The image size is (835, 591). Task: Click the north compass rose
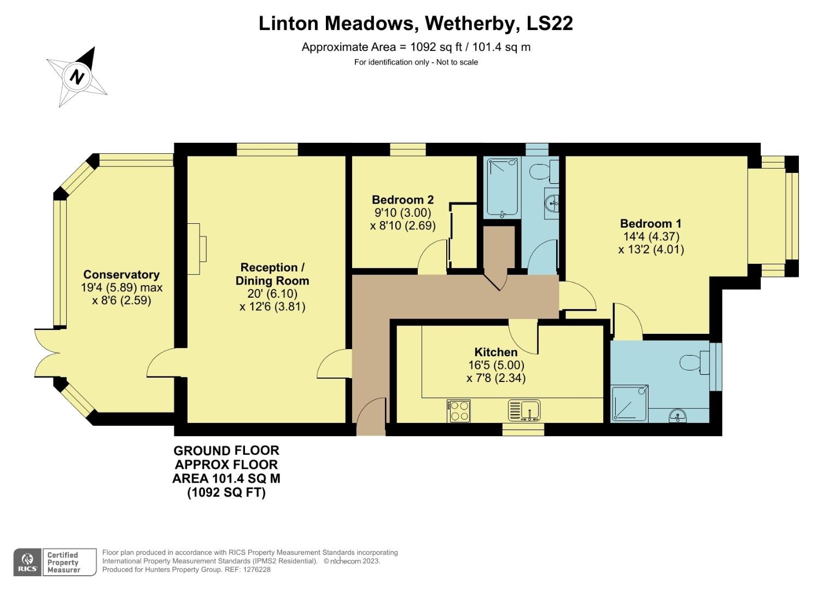coord(77,77)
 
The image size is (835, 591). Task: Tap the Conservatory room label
coord(121,275)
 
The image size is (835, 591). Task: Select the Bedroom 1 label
coord(650,223)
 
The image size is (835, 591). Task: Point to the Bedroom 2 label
coord(402,200)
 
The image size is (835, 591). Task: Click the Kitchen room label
coord(495,352)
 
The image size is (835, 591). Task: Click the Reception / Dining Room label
coord(272,274)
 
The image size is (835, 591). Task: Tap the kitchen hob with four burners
coord(459,411)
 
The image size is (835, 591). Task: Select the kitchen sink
coord(524,410)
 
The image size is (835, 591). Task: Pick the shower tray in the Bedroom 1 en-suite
coord(629,403)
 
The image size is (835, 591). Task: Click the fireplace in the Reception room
coord(197,249)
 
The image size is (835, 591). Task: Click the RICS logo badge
coord(27,562)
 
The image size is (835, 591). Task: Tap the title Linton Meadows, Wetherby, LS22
coord(416,24)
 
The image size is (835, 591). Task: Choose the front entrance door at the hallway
coord(371,417)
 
